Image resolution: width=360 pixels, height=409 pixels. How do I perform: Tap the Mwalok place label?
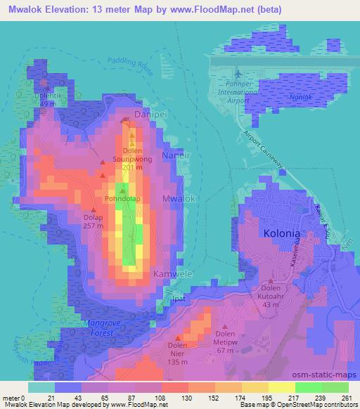179,199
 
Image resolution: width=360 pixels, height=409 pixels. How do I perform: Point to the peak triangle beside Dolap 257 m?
94,209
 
